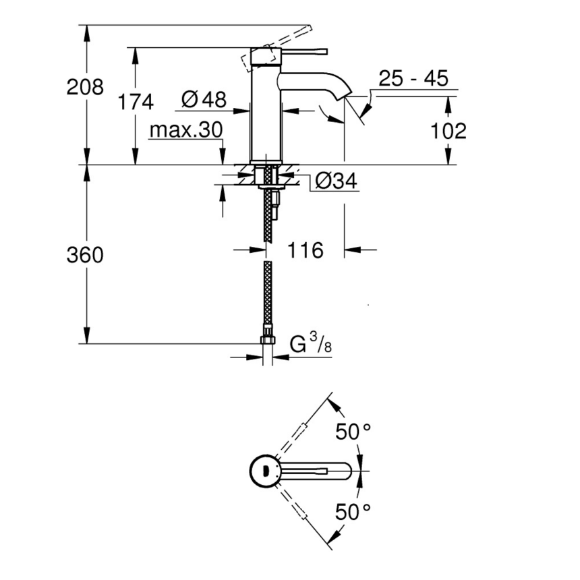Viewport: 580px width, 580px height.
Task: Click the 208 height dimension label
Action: click(x=85, y=87)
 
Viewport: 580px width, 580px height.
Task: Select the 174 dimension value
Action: click(x=136, y=102)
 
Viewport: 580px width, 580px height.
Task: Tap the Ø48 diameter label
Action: click(x=204, y=100)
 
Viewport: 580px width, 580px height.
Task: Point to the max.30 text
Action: click(x=185, y=129)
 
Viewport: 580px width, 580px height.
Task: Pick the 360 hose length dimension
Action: click(x=85, y=255)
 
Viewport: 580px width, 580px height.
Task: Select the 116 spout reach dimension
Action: click(x=306, y=250)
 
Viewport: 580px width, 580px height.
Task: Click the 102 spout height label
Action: click(x=447, y=130)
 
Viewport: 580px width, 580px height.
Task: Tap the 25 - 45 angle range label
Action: click(x=413, y=78)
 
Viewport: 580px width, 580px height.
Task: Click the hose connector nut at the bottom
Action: click(x=268, y=336)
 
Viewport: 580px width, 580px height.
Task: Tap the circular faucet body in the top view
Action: click(x=264, y=470)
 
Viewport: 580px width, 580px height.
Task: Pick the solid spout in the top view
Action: click(x=317, y=470)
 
